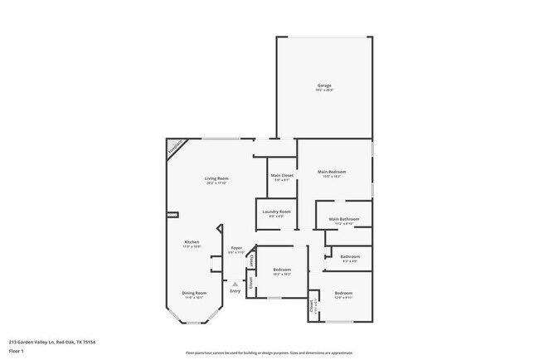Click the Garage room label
tap(324, 85)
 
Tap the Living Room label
tap(217, 178)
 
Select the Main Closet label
tap(282, 175)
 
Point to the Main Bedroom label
tap(332, 172)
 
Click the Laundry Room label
tap(276, 212)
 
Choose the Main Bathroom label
tap(343, 220)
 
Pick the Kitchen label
tap(192, 242)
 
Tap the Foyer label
tap(236, 247)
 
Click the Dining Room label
tap(194, 293)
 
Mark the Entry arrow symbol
tap(235, 285)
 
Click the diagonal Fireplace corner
tap(174, 148)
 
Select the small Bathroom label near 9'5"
tap(349, 256)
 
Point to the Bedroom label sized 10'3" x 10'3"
tap(282, 270)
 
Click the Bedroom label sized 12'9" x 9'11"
tap(343, 294)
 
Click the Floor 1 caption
tap(17, 351)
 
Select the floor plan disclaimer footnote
tap(269, 352)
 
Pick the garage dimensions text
tap(324, 90)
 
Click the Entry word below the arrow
tap(235, 291)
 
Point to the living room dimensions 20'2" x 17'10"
tap(217, 183)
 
